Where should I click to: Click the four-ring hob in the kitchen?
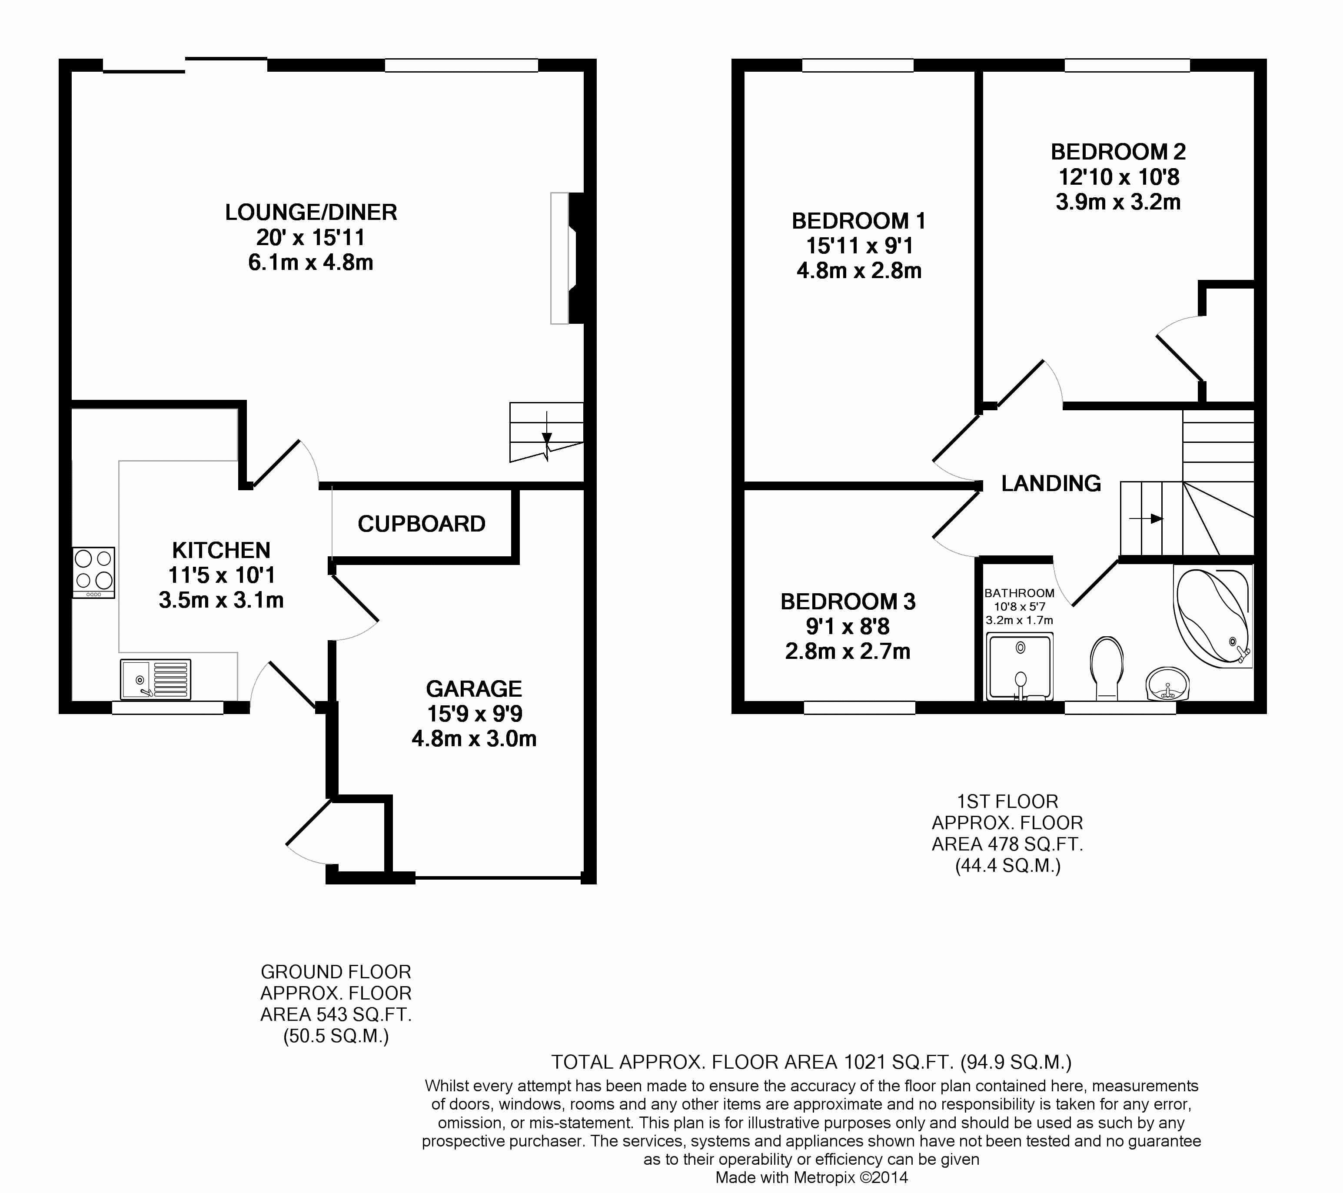[x=93, y=572]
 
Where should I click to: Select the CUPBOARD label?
[x=421, y=524]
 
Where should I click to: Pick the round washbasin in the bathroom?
[x=1167, y=685]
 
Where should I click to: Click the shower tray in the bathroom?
[x=1019, y=667]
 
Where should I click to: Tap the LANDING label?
[x=1050, y=484]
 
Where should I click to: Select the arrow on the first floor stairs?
[x=1147, y=518]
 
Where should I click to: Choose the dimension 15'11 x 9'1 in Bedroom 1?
[x=859, y=246]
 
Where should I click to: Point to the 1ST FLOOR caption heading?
[x=1007, y=801]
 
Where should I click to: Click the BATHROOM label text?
[x=1019, y=592]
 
